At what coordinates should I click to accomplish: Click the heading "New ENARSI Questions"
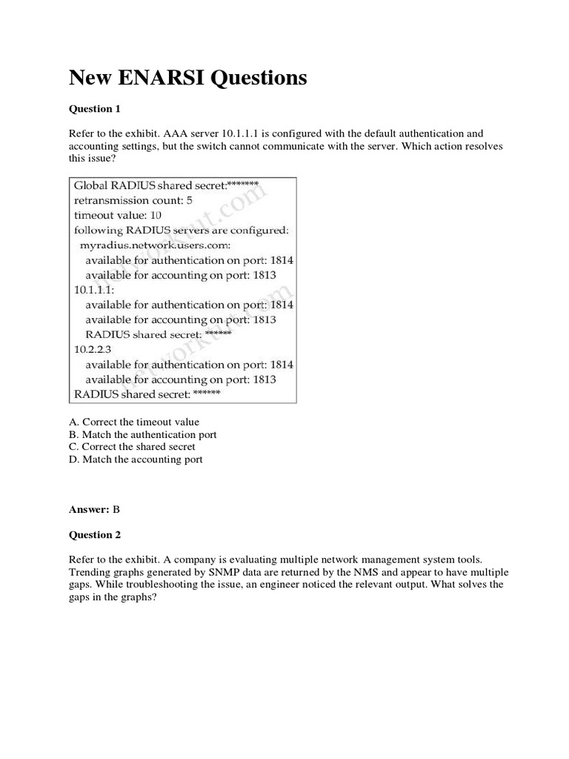coord(187,77)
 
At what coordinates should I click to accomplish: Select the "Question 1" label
coord(94,109)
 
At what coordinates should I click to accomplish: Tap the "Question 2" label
coord(94,534)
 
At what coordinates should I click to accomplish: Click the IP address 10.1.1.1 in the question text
coord(252,133)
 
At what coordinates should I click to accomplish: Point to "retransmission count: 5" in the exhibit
coord(132,200)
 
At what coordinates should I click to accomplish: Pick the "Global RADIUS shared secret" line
coord(165,185)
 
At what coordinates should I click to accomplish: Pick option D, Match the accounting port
coord(136,460)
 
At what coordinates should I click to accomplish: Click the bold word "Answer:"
coord(89,509)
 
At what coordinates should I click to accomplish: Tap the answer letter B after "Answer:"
coord(116,509)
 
